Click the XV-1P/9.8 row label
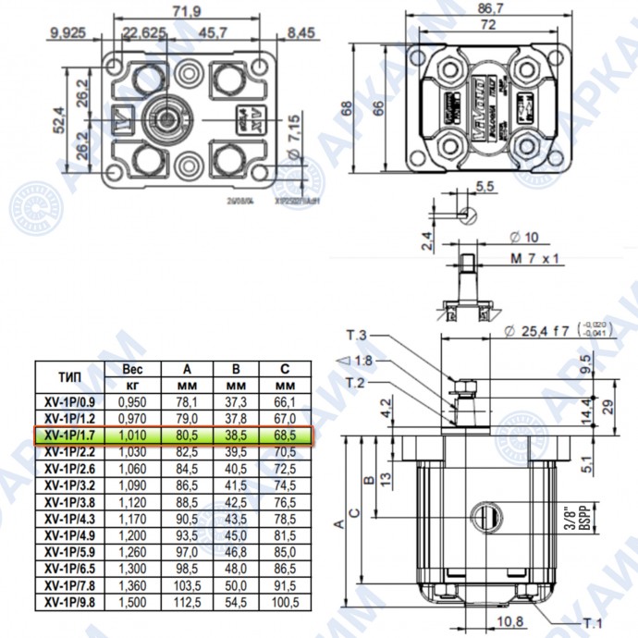pos(70,603)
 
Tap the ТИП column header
pos(69,378)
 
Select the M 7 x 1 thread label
pos(537,260)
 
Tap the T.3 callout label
pos(358,335)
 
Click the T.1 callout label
pos(594,620)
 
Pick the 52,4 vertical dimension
pos(58,118)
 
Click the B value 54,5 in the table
pos(237,603)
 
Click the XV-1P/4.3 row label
pos(70,520)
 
